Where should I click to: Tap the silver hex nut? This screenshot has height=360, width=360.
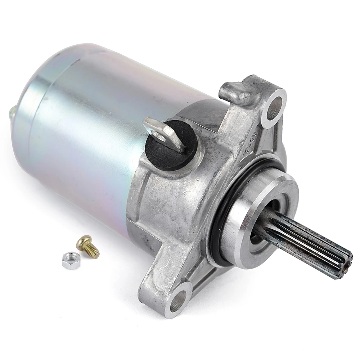click(70, 260)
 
